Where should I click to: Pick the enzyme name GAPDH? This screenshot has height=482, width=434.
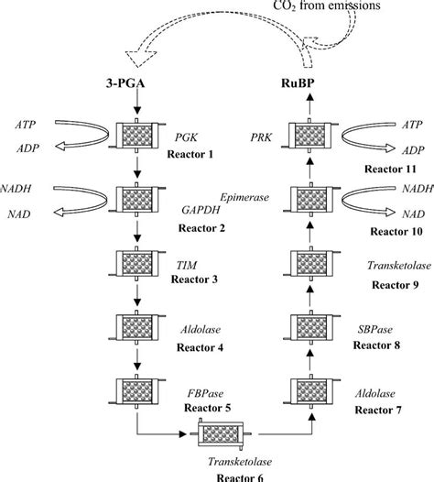point(192,208)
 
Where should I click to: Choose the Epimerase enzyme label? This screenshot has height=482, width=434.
point(247,195)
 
